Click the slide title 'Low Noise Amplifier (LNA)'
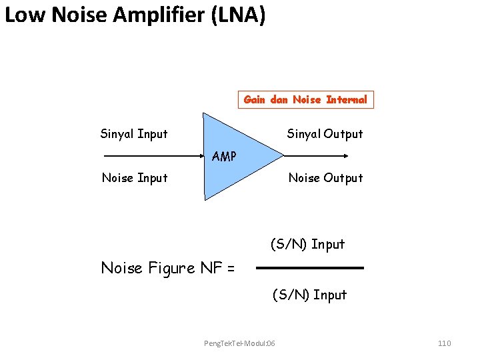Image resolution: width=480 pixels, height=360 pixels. pos(135,15)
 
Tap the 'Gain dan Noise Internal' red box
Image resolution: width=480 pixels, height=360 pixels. pos(305,99)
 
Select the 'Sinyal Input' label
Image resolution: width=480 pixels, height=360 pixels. pos(134,134)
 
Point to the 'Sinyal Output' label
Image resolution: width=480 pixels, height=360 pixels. pos(325,134)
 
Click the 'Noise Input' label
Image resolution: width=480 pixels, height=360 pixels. pos(134,178)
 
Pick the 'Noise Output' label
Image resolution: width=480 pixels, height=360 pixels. pos(325,178)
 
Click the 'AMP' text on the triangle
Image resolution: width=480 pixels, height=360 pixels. pos(224,157)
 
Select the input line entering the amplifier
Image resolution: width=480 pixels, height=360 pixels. pos(153,156)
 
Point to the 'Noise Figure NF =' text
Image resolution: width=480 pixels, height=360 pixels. pos(167,268)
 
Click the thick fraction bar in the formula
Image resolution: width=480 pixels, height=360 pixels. pos(310,268)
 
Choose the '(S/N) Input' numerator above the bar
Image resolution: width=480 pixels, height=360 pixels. pos(307,245)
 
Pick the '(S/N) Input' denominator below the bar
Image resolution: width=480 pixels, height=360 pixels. pos(309,295)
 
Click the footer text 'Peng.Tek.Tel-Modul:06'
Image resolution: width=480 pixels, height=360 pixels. pos(239,343)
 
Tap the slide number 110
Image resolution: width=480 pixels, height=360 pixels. pos(444,343)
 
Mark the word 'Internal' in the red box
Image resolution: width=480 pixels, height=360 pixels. pos(347,99)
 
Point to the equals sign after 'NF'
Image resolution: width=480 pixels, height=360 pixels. pos(231,269)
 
